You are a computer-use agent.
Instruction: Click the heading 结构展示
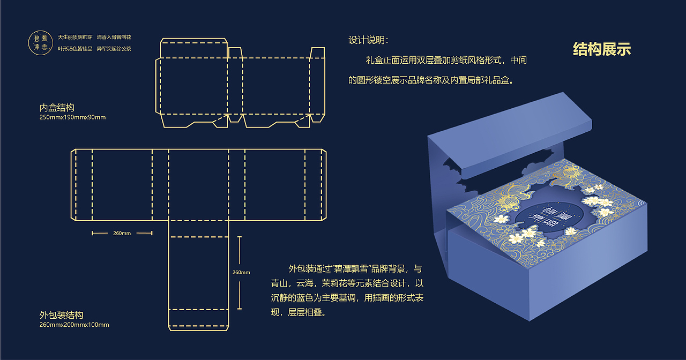tap(602, 49)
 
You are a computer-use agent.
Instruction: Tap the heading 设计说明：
tap(369, 40)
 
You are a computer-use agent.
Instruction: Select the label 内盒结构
tap(57, 108)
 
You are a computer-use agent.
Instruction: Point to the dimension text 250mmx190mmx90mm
tap(72, 117)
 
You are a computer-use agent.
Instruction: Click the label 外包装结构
tap(61, 315)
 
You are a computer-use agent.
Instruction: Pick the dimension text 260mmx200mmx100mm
tap(74, 325)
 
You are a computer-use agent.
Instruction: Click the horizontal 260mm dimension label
tap(122, 233)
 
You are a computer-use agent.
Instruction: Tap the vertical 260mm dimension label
tap(241, 272)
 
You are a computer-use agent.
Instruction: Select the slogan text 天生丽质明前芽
tap(74, 37)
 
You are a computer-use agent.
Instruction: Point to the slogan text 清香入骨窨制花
tap(114, 37)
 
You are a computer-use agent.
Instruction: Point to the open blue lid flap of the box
tap(514, 139)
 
